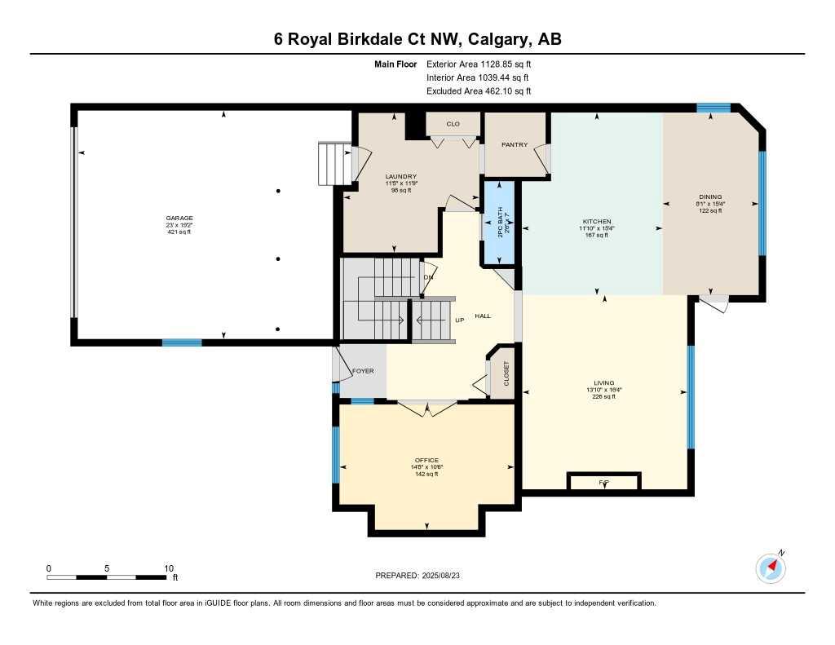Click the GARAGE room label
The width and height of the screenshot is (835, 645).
tap(179, 219)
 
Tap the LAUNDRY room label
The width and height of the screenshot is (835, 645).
tap(401, 177)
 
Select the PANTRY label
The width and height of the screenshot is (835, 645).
tap(515, 145)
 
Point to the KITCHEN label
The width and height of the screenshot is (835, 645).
tap(597, 222)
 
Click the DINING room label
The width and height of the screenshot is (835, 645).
tap(710, 197)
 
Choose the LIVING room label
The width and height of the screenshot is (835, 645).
tap(604, 383)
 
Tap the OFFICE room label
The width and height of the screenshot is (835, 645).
tap(426, 461)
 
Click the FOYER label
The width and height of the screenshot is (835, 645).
tap(363, 371)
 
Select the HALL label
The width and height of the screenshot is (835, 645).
tap(483, 316)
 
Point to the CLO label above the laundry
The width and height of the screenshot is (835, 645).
tap(453, 124)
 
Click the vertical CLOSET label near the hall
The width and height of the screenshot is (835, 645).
tap(506, 374)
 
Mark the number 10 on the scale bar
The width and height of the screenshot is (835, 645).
tap(169, 568)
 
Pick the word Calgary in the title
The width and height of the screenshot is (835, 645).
tap(492, 39)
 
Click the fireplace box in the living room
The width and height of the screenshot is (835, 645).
tap(604, 482)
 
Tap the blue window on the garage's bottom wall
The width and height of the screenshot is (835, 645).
tap(182, 342)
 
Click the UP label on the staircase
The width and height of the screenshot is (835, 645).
tap(459, 320)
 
